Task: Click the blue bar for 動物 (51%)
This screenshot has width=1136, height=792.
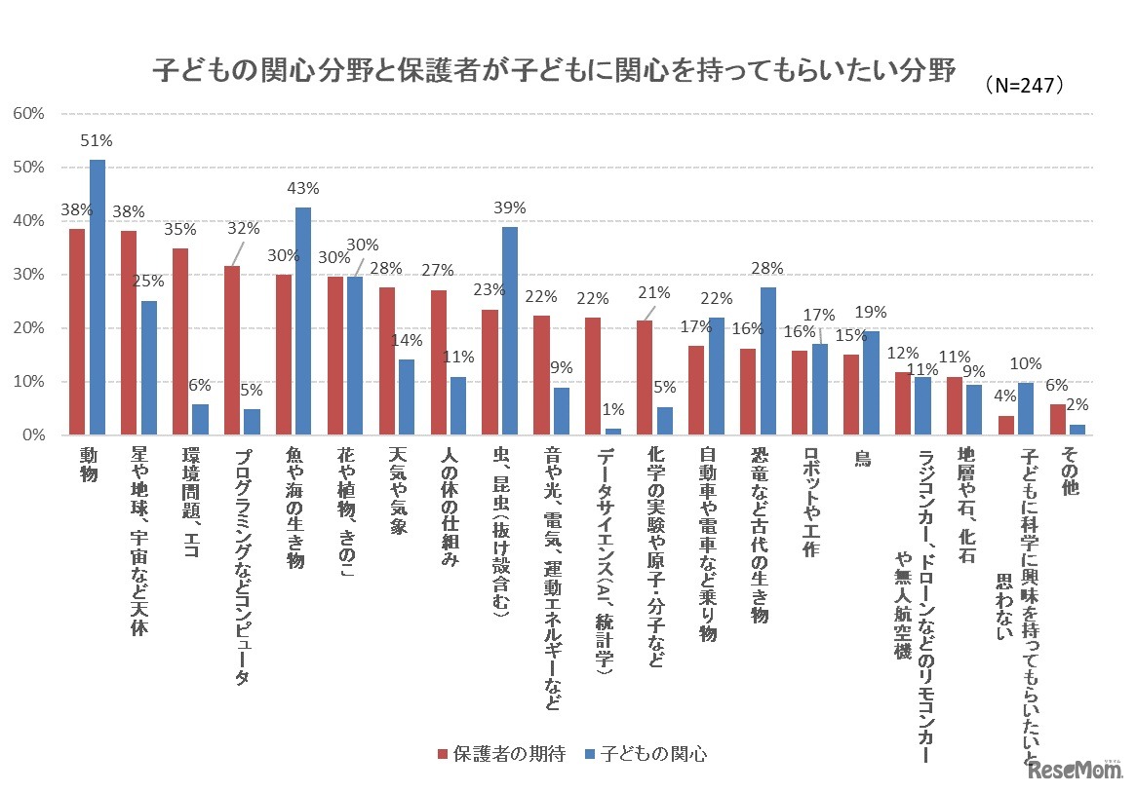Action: [x=98, y=297]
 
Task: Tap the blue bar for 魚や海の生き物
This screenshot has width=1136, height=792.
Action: [x=304, y=321]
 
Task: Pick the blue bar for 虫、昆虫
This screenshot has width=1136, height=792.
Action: [x=510, y=331]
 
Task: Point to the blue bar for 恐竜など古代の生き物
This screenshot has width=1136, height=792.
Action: [x=768, y=360]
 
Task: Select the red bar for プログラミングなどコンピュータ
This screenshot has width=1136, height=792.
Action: [x=232, y=350]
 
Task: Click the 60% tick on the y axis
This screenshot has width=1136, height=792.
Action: [x=29, y=114]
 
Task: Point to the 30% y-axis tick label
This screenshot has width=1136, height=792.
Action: [x=29, y=275]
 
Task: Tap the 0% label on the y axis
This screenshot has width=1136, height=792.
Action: [x=33, y=435]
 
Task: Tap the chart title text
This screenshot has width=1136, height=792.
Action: [x=552, y=72]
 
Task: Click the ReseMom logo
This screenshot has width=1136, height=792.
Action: [x=1077, y=770]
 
